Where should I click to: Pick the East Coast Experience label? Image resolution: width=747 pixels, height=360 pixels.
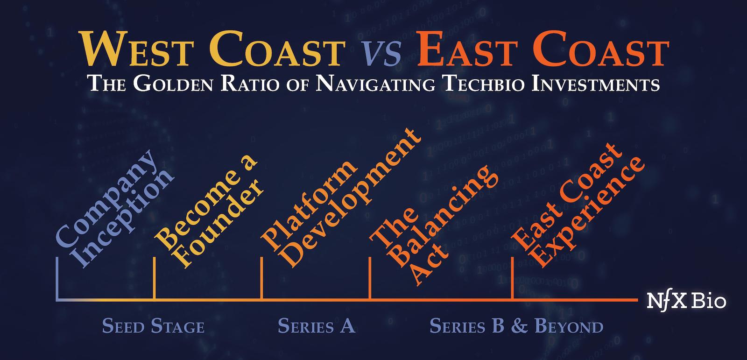tap(579, 205)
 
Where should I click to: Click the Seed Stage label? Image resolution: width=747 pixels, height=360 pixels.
tap(153, 326)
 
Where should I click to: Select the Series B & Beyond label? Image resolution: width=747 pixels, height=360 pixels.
tap(516, 326)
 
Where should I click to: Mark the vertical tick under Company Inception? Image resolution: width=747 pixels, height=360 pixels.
tap(56, 278)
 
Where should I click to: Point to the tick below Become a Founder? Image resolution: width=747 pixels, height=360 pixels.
tap(154, 278)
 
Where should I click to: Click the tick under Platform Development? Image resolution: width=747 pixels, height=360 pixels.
tap(261, 278)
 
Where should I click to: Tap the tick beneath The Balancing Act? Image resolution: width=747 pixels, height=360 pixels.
tap(370, 278)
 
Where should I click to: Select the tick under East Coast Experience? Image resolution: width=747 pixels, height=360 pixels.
tap(513, 278)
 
